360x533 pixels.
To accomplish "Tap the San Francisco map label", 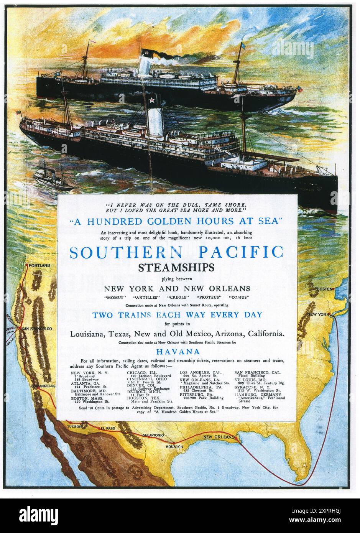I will point(37,329).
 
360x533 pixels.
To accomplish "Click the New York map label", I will point(317,314).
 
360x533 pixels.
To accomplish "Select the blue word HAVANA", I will point(177,352).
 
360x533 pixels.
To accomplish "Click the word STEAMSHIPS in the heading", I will point(177,268).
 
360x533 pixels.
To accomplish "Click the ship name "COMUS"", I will point(239,298).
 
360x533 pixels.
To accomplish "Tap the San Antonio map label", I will point(153,435).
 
